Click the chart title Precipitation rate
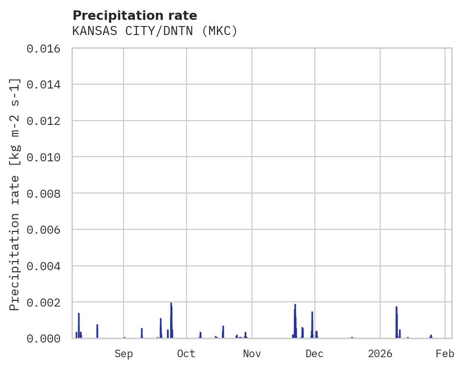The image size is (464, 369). point(135,16)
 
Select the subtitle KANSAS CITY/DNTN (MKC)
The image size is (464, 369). point(155,31)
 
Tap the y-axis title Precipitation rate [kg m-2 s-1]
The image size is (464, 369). point(15,194)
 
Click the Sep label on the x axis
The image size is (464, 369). point(124,354)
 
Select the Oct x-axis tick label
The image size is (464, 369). point(187,354)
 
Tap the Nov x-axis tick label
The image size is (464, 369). point(252,354)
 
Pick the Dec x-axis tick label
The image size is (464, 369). point(315,354)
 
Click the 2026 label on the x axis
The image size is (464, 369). point(380,354)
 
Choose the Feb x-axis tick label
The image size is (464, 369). point(445,354)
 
